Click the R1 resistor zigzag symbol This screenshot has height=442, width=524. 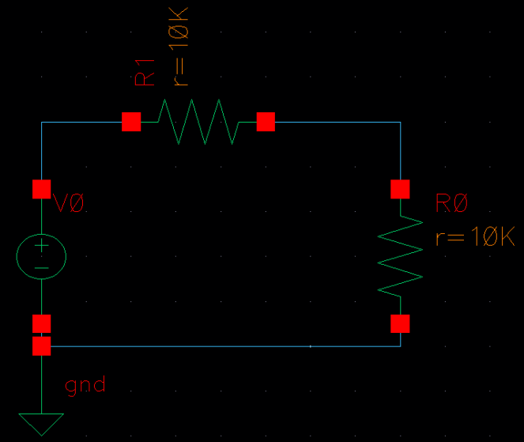[198, 122]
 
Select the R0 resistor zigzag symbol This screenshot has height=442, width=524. [400, 256]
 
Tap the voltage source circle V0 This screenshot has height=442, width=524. [41, 257]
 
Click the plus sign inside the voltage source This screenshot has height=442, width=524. [41, 247]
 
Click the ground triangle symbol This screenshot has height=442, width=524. [41, 423]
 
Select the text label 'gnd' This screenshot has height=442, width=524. [85, 386]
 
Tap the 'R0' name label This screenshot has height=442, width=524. [451, 203]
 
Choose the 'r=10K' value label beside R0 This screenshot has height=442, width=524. [474, 236]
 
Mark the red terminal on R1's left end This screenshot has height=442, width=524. [131, 122]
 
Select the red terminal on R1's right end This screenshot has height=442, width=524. [266, 122]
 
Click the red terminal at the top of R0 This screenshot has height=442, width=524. [400, 189]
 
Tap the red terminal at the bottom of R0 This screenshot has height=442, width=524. [400, 323]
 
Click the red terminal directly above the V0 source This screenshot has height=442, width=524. [41, 189]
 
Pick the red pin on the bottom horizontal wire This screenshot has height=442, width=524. [41, 346]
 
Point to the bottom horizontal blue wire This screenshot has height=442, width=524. [221, 346]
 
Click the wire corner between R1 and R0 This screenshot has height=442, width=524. [400, 122]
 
